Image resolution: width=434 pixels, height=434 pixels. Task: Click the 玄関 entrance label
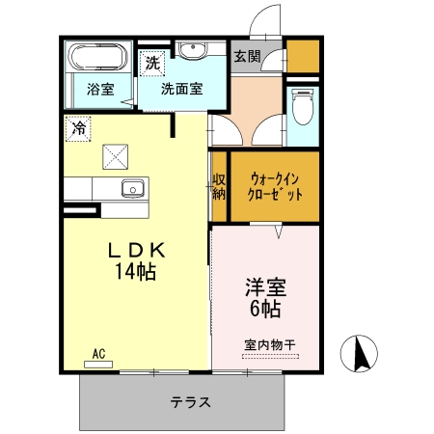[246, 57]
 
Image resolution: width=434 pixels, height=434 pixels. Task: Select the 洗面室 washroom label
[181, 90]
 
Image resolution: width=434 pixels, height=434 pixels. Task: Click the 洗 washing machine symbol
[151, 64]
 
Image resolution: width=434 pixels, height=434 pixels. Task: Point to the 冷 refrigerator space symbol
[77, 126]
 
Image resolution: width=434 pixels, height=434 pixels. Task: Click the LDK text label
[136, 250]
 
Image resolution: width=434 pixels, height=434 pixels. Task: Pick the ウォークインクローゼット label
[274, 184]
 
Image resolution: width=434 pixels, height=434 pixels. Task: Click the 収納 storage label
[219, 186]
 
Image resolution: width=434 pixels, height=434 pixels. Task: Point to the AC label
[98, 354]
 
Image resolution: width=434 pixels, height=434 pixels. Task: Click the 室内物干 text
[269, 344]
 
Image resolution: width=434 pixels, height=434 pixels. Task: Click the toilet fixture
[303, 107]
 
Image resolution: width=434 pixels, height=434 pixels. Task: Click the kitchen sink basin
[131, 187]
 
